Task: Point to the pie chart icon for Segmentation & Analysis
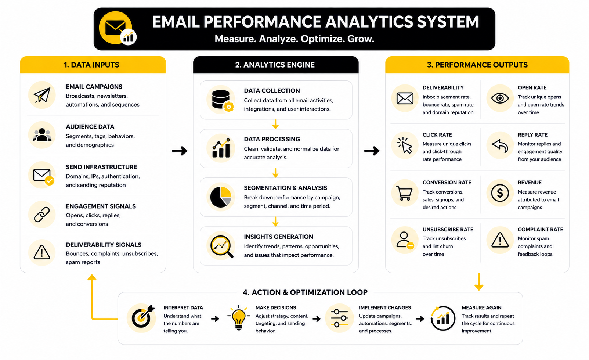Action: pyautogui.click(x=221, y=197)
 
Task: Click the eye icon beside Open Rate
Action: pyautogui.click(x=500, y=98)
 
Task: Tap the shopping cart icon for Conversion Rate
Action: pyautogui.click(x=404, y=193)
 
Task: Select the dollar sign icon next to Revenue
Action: pyautogui.click(x=500, y=193)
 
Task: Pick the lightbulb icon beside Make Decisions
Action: pyautogui.click(x=239, y=318)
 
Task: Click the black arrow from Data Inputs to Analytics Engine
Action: pyautogui.click(x=180, y=151)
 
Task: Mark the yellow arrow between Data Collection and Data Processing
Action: pyautogui.click(x=275, y=125)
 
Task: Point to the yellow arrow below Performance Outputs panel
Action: pyautogui.click(x=479, y=282)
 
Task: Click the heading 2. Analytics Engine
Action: pyautogui.click(x=275, y=65)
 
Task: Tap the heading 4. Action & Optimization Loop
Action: pyautogui.click(x=305, y=292)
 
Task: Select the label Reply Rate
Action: pyautogui.click(x=532, y=135)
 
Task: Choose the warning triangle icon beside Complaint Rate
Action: pyautogui.click(x=500, y=240)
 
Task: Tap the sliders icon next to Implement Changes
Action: pyautogui.click(x=339, y=318)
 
